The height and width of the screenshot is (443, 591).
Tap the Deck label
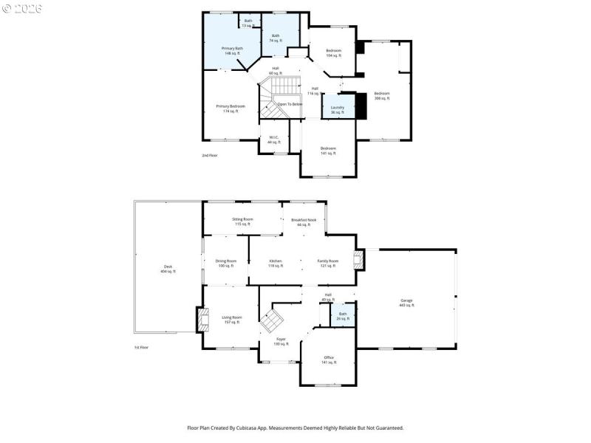pos(168,269)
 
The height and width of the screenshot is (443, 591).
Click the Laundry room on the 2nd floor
pos(337,109)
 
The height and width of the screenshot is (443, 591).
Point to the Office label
pos(329,360)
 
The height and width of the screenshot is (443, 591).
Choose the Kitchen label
pos(275,263)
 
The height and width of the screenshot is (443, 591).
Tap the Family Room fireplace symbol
pos(359,259)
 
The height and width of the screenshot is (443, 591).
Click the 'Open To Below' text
pos(290,104)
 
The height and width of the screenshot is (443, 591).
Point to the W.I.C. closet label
pos(273,139)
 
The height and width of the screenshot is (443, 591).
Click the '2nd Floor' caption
pos(210,156)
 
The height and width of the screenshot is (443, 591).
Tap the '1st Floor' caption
pos(142,347)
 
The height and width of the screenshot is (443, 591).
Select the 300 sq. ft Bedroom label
pos(381,95)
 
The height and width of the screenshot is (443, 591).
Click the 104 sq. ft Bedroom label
pos(334,52)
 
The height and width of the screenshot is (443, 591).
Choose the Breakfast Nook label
pos(304,221)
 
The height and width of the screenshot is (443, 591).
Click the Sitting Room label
pos(242,221)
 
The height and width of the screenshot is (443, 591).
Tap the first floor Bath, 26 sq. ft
pos(343,316)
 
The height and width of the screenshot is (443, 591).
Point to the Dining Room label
pos(225,263)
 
